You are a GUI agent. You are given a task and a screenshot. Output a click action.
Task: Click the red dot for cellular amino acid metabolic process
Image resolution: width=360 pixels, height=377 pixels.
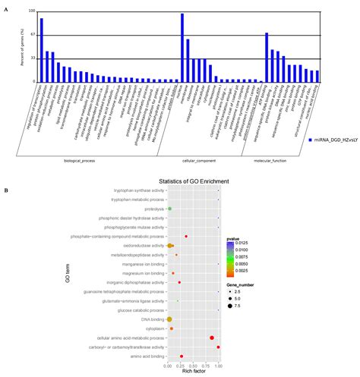(212, 338)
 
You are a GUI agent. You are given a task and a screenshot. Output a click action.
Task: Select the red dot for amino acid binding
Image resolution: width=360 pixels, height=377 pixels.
(182, 356)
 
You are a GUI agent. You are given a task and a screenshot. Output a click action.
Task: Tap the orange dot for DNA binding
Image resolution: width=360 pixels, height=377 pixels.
(169, 319)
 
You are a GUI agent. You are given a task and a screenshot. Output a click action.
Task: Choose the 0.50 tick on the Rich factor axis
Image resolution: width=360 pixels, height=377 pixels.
(193, 366)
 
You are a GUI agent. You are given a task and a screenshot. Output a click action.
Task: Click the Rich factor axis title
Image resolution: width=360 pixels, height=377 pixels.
(193, 372)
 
